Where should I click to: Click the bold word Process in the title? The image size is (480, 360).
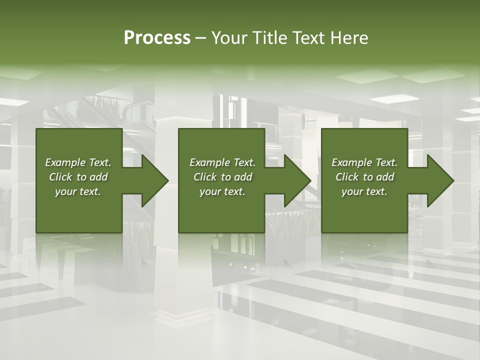click(157, 38)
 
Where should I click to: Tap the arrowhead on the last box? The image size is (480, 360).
click(436, 180)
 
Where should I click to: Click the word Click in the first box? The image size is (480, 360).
click(60, 177)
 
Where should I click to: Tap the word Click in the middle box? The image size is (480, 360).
click(204, 177)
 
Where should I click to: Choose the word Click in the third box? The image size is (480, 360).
click(346, 177)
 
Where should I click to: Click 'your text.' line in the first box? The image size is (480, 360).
click(78, 191)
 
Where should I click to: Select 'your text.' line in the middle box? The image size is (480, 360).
click(222, 191)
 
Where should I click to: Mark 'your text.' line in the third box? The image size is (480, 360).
click(364, 191)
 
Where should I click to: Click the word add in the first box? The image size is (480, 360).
click(99, 177)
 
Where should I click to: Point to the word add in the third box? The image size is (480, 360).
click(385, 177)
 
